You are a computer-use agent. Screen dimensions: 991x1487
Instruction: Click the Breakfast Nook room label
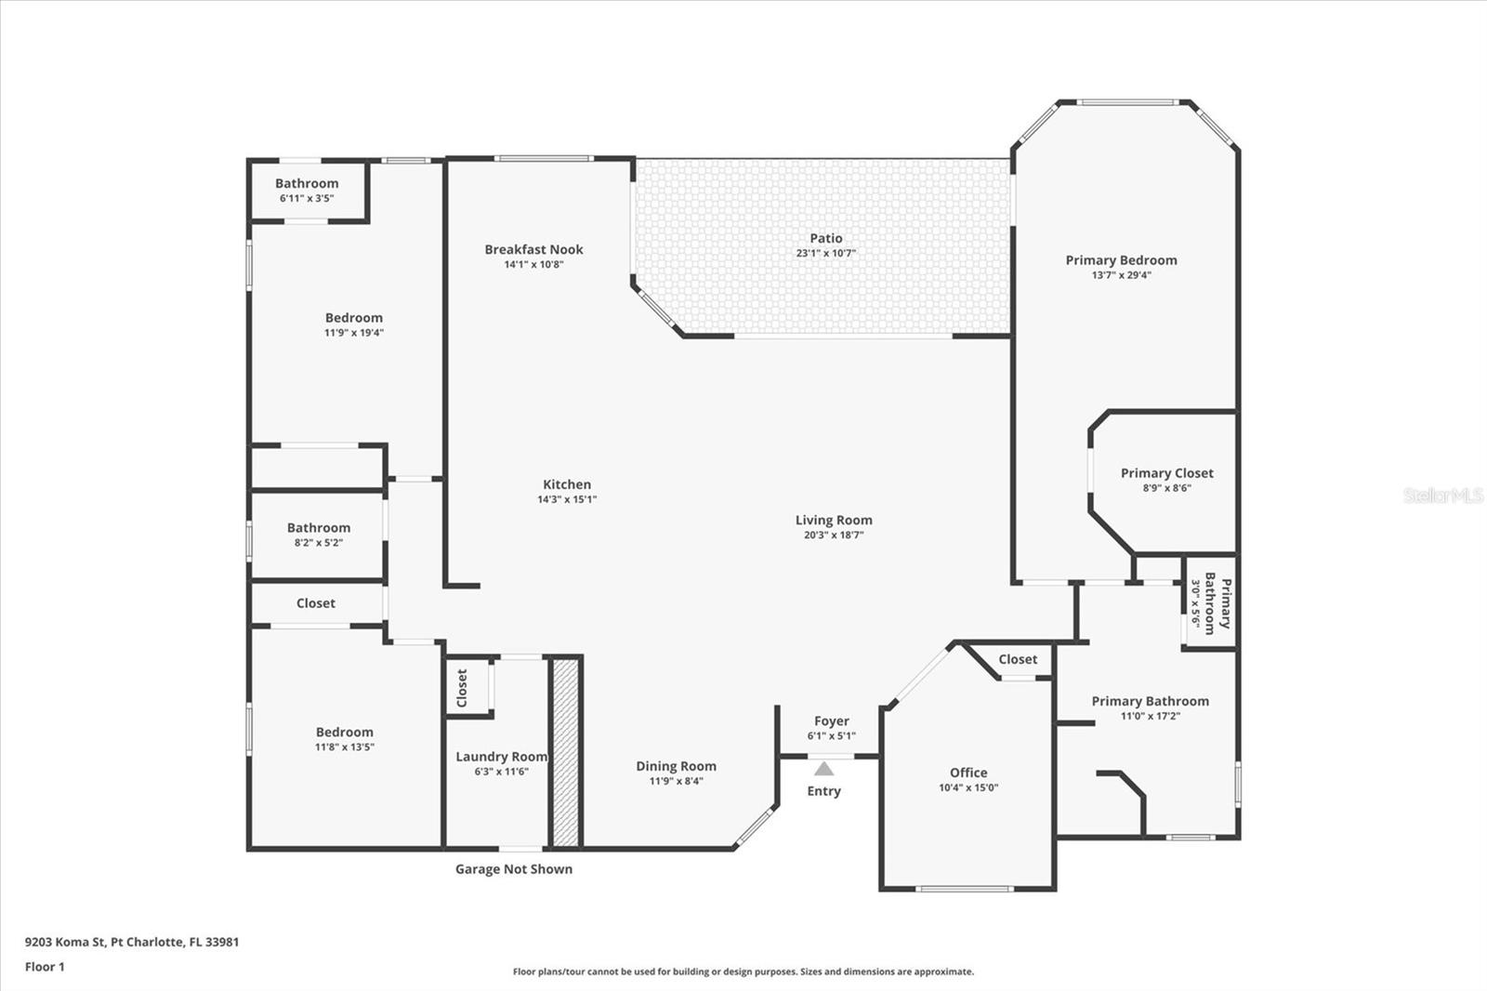533,249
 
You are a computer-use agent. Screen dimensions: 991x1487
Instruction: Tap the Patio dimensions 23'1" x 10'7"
825,253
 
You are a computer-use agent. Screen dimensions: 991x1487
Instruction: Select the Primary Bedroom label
1121,260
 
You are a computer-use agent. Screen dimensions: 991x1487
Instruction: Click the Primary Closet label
1166,473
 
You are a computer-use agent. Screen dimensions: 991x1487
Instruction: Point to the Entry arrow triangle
823,769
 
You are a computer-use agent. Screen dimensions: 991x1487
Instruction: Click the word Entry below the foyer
823,791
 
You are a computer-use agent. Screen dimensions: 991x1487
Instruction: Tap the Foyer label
831,721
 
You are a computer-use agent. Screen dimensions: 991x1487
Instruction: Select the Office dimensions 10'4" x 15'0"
967,787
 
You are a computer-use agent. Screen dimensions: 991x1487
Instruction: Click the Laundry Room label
501,757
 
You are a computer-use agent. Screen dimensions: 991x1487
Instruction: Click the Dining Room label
676,766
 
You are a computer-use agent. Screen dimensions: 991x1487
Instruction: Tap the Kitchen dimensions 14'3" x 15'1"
566,499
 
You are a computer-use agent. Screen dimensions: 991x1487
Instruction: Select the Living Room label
833,521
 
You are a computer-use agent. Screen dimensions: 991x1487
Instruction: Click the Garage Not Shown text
513,869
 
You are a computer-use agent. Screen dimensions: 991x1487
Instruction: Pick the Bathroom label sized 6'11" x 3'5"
307,184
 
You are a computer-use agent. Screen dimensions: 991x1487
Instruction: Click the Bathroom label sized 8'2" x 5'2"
318,528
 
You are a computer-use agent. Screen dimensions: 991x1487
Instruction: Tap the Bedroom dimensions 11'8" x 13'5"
344,747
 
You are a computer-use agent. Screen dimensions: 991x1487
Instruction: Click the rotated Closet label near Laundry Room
462,688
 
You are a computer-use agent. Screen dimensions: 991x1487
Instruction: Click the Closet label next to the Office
1018,659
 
